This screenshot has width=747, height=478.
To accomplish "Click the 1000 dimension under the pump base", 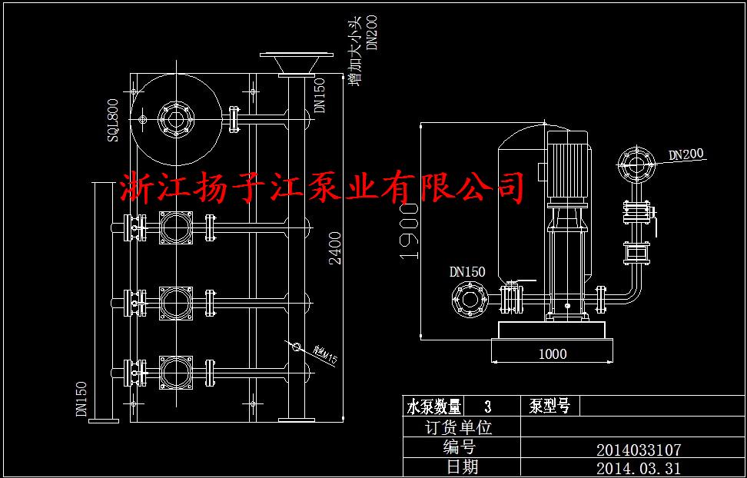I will (552, 354).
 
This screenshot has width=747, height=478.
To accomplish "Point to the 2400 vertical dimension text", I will (336, 247).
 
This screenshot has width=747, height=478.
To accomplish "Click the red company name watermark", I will (323, 187).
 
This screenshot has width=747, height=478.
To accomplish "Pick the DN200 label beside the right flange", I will (686, 154).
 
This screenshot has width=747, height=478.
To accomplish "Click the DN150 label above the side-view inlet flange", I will (467, 271).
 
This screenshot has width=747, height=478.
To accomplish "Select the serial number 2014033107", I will (638, 450).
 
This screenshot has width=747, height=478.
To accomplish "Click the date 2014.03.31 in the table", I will (638, 468).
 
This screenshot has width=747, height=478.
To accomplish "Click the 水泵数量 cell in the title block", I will (434, 407).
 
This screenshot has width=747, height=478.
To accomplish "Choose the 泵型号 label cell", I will (549, 407).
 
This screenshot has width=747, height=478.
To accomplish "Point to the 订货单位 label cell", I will (459, 428).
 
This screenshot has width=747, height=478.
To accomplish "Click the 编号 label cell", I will (459, 448).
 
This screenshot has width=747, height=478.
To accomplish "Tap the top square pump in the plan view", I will (176, 227).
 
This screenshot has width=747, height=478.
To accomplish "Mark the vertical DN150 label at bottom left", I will (81, 399).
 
